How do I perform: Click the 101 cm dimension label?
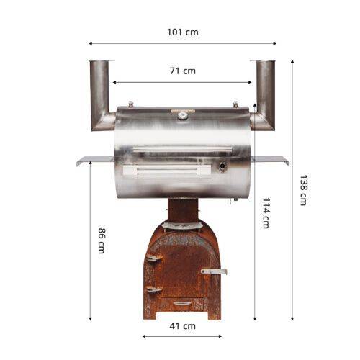[183, 32]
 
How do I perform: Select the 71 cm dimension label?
[183, 71]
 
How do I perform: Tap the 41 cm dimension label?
[182, 326]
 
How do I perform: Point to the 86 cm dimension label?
[102, 240]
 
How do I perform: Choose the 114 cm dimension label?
[266, 213]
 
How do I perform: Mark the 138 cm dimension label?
[303, 190]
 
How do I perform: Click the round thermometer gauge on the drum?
[183, 116]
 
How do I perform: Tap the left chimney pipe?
[100, 96]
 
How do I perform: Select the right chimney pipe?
[264, 96]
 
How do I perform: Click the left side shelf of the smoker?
[95, 161]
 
